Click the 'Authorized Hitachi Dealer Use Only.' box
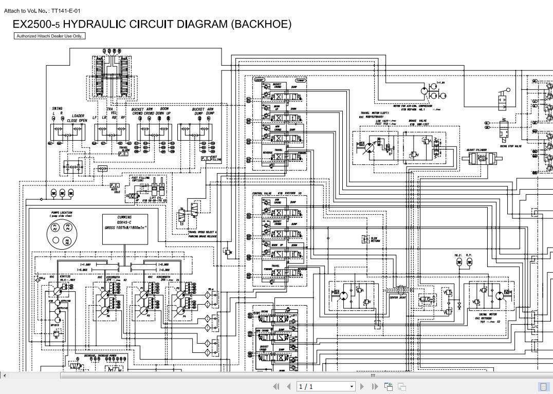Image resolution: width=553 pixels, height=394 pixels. pos(49,36)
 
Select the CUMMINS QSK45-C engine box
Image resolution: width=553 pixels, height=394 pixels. pos(125,229)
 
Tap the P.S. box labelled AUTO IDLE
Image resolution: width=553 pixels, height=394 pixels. pos(115,185)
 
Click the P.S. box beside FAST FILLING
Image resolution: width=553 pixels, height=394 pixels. pos(206,159)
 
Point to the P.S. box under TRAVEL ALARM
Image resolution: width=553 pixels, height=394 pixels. pos(123,154)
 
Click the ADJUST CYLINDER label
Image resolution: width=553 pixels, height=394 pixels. pos(476,150)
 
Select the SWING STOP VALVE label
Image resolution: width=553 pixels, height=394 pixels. pos(510,146)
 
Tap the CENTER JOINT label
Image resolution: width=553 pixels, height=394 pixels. pos(397,297)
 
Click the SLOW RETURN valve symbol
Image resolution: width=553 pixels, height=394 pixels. pos(365,239)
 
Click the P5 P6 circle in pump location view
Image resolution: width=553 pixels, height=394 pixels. pos(67,241)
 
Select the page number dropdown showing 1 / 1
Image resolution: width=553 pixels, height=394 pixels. pos(326,386)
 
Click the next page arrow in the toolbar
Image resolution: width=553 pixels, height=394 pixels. pos(362,386)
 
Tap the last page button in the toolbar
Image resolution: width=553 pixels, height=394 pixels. pos(375,386)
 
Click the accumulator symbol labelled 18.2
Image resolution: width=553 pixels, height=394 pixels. pos(458,262)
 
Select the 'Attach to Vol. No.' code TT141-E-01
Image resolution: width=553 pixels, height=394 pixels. pos(66,10)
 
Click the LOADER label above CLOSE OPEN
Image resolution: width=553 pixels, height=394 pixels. pos(78,116)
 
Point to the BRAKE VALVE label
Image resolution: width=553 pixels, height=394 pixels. pos(418,121)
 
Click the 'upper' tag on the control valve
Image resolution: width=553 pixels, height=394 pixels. pos(260,80)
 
